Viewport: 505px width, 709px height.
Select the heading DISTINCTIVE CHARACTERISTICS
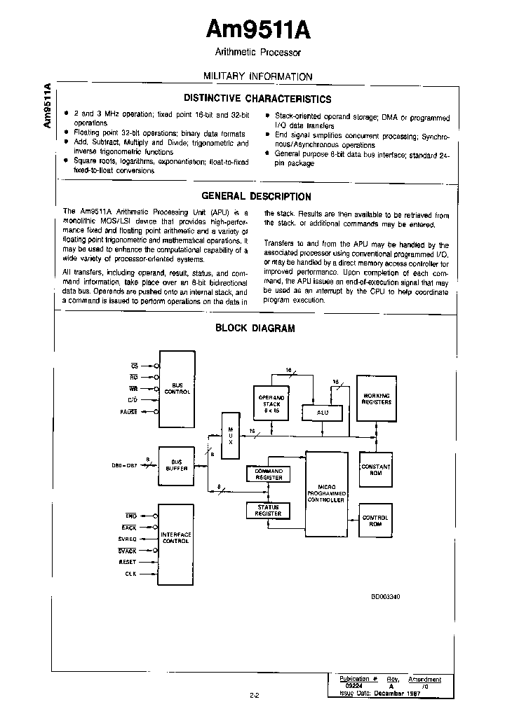257,99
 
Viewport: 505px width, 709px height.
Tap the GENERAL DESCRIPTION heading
256,197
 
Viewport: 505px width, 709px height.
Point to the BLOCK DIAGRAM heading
255,327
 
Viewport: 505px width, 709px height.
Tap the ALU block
322,412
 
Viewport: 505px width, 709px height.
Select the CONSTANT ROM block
375,469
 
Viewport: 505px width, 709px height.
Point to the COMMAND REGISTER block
268,474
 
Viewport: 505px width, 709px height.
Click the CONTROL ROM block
375,521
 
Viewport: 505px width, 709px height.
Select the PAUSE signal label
128,412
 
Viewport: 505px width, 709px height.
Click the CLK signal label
130,574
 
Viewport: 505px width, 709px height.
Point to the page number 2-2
254,695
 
